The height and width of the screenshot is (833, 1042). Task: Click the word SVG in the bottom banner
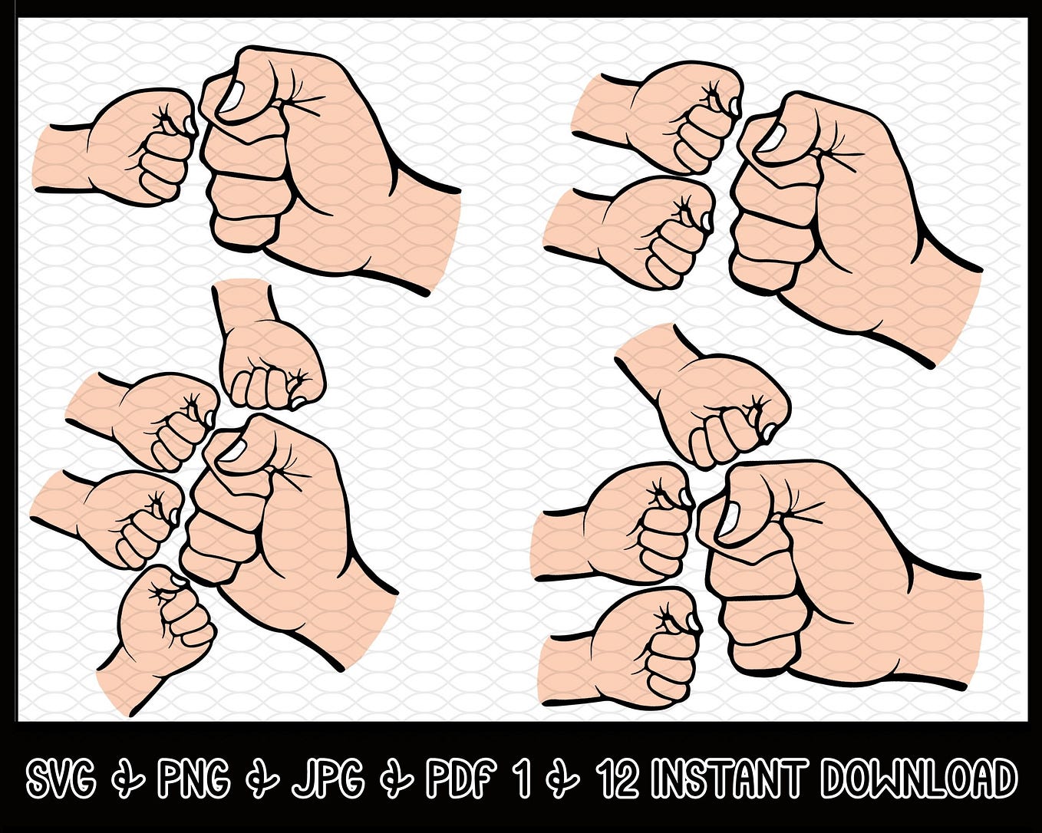[x=61, y=780]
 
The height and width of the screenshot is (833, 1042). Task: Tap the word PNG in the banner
[x=193, y=780]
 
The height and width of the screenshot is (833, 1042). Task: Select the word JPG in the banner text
[x=328, y=780]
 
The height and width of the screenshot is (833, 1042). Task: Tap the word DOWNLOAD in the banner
[x=918, y=780]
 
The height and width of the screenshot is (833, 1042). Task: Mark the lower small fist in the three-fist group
[x=652, y=230]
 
